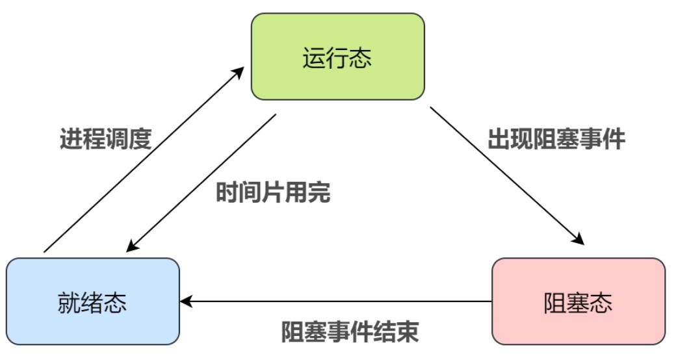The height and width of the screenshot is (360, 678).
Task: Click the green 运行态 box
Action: pyautogui.click(x=337, y=57)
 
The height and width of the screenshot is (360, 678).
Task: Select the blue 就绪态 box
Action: pyautogui.click(x=92, y=301)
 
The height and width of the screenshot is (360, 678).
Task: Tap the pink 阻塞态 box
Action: pyautogui.click(x=578, y=301)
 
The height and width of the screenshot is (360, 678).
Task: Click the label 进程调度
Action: pyautogui.click(x=105, y=139)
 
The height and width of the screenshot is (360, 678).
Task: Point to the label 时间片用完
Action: pyautogui.click(x=273, y=192)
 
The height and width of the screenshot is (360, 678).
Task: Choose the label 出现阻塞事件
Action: pyautogui.click(x=556, y=139)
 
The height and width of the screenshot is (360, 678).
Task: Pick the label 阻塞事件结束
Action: pyautogui.click(x=350, y=332)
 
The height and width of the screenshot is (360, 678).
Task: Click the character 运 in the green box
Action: pyautogui.click(x=314, y=58)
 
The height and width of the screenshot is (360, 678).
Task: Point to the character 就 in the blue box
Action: pyautogui.click(x=69, y=302)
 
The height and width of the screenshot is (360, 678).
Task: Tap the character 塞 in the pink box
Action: pyautogui.click(x=578, y=302)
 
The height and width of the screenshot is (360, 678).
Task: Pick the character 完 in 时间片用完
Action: pyautogui.click(x=319, y=192)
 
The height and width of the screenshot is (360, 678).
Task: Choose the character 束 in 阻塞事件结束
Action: pyautogui.click(x=407, y=332)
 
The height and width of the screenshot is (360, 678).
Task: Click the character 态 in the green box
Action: pyautogui.click(x=361, y=58)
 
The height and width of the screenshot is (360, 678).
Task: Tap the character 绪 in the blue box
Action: pyautogui.click(x=92, y=302)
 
